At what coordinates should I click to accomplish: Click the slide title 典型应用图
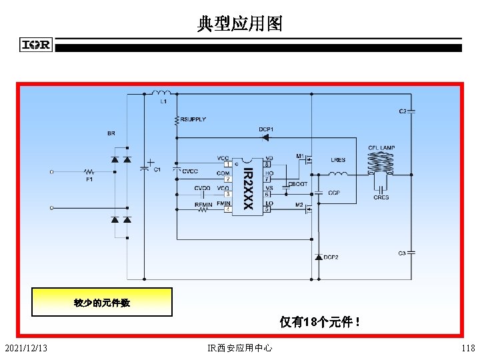pos(239,25)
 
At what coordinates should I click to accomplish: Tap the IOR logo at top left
pos(36,45)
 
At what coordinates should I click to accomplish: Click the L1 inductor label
pos(163,102)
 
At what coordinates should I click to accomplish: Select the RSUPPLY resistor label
pos(193,119)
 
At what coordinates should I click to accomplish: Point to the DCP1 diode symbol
pos(265,137)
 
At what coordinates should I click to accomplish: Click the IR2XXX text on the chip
pos(247,189)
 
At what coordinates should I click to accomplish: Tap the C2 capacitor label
pos(403,111)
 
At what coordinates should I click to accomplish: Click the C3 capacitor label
pos(403,253)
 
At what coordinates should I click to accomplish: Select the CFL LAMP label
pos(381,148)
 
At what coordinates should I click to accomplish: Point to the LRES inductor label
pos(338,160)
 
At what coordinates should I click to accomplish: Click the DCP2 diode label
pos(331,257)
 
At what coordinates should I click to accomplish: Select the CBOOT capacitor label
pos(297,184)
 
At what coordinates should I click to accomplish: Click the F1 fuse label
pos(88,179)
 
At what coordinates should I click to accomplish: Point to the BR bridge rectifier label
pos(111,133)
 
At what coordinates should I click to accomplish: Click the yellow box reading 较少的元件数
pos(102,303)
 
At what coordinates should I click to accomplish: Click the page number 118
pos(468,348)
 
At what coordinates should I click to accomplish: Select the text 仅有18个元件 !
pos(321,323)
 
